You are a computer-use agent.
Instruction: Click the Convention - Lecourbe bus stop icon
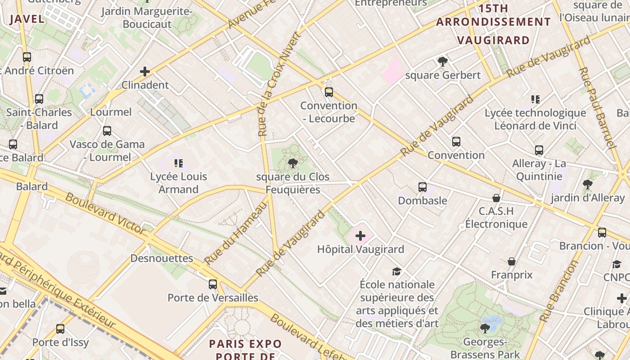point(329,92)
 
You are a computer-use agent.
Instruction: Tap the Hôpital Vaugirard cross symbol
point(360,235)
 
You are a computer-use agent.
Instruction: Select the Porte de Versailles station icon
point(213,284)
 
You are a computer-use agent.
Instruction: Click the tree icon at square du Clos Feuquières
point(293,163)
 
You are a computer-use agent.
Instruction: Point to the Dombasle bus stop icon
point(422,187)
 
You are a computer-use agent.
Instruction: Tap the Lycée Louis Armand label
point(179,183)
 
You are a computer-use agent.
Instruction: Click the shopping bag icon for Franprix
point(512,261)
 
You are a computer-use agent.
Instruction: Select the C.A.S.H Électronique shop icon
point(496,198)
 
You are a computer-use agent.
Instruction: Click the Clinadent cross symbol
point(145,72)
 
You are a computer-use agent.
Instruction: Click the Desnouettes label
point(162,258)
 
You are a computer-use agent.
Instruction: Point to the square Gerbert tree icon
point(443,62)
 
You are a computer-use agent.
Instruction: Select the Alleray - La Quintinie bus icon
point(539,150)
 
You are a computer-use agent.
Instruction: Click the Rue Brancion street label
point(558,291)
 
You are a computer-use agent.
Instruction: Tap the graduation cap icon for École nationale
point(396,271)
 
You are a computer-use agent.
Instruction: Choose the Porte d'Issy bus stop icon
point(60,329)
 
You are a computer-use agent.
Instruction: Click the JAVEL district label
point(27,19)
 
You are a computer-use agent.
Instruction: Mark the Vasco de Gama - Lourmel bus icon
point(107,131)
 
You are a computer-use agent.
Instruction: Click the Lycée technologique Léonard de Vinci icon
point(535,99)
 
